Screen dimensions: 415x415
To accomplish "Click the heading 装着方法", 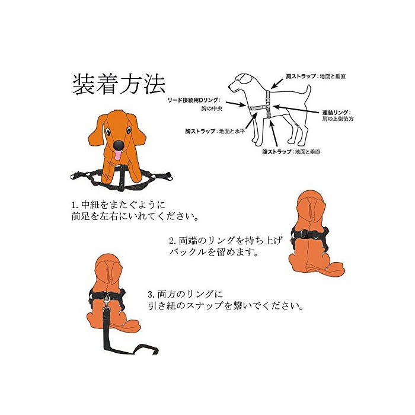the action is click(x=119, y=84).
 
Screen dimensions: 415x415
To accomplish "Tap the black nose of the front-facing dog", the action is click(x=119, y=145).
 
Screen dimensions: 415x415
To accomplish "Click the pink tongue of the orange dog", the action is click(x=118, y=155).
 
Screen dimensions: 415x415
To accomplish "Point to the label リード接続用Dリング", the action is click(x=193, y=100).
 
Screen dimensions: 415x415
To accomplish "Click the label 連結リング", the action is click(x=336, y=113).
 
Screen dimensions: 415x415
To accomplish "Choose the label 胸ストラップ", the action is click(x=200, y=131).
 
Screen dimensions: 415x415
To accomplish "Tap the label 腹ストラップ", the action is click(x=277, y=152).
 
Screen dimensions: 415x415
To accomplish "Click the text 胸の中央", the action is click(x=212, y=108).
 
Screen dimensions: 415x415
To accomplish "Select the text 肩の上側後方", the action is click(x=338, y=119).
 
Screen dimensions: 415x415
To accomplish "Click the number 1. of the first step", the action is click(x=75, y=205).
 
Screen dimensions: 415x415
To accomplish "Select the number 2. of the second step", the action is click(x=173, y=241).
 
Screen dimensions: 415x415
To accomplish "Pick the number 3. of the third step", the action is click(x=151, y=294).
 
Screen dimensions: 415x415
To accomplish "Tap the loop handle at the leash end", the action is click(x=146, y=349).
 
